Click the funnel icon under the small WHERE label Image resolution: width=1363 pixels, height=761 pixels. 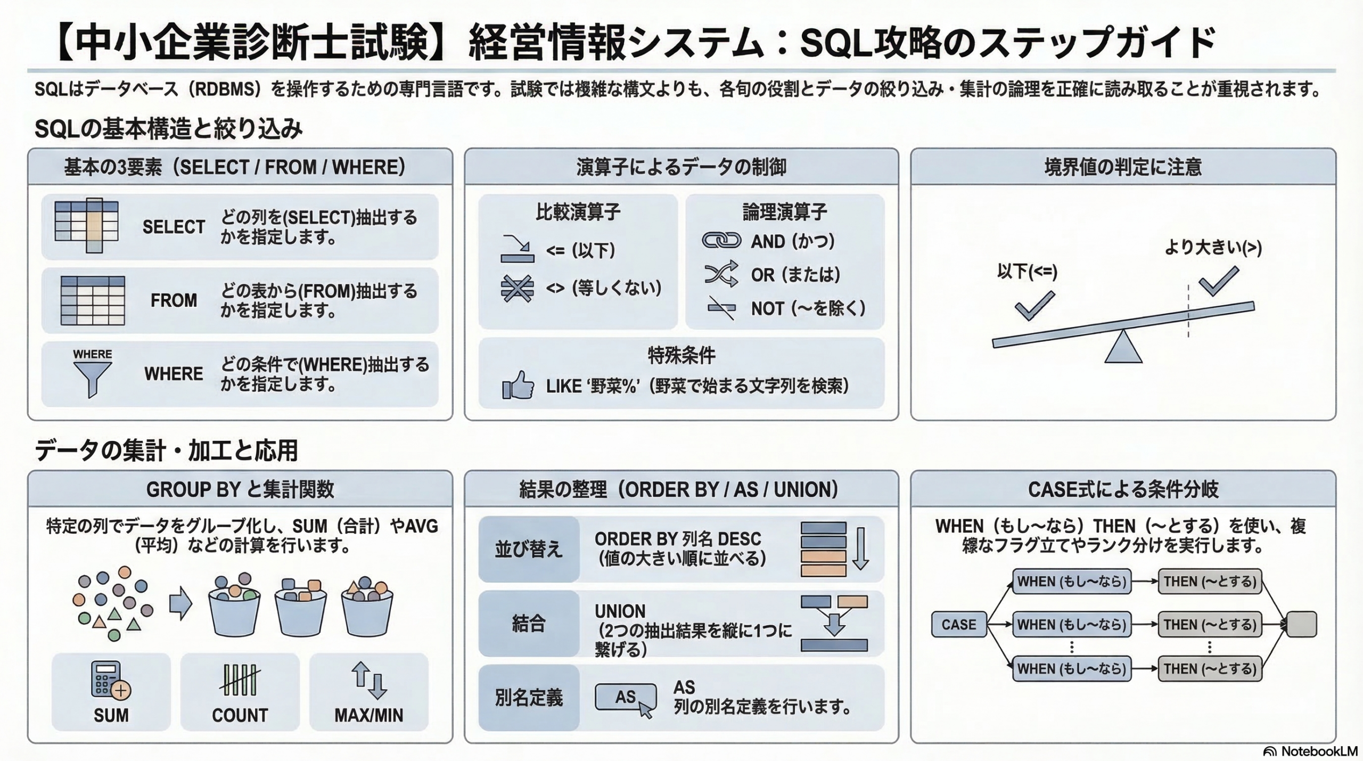[93, 379]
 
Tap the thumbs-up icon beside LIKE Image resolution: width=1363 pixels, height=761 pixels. [518, 385]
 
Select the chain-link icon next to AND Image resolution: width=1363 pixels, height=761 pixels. [721, 241]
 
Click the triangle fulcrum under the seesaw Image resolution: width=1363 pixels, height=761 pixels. [1123, 348]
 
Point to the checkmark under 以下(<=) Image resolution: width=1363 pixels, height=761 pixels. [1034, 306]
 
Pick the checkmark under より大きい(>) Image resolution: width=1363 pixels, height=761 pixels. [1219, 281]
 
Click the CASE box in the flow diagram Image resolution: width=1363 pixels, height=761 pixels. [958, 624]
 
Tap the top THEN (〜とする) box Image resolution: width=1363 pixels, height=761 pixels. [1210, 581]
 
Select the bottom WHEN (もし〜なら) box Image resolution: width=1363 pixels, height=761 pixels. [1072, 668]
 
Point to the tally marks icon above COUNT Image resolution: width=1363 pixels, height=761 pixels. [240, 680]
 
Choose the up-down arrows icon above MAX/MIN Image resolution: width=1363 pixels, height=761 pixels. [368, 680]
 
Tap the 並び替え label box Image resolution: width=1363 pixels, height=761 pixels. [529, 549]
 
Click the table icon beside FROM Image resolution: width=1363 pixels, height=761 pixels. [93, 300]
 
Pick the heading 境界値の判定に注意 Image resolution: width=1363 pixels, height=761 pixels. [1123, 167]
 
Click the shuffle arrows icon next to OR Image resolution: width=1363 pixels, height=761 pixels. [721, 274]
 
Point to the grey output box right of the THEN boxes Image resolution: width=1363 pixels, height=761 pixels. [1301, 624]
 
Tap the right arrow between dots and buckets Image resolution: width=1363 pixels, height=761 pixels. [180, 603]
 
